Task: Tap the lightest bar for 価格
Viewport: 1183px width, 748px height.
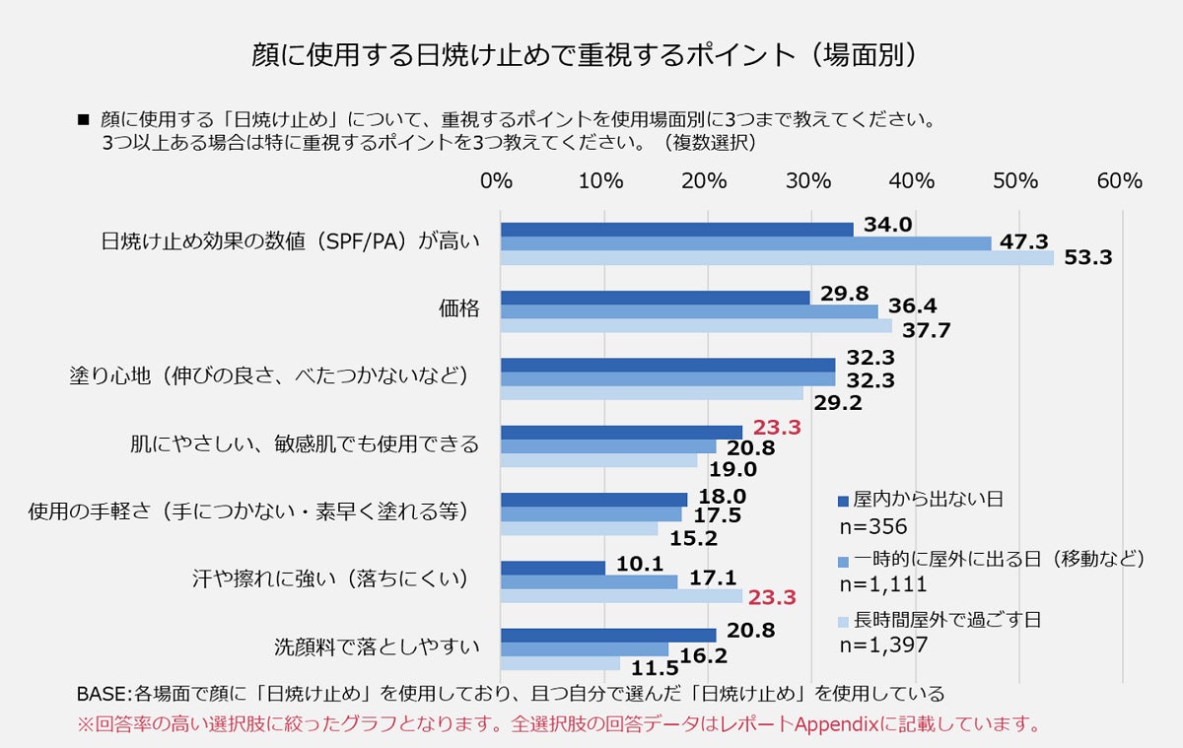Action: pyautogui.click(x=696, y=325)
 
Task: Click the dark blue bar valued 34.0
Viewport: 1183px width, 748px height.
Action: pyautogui.click(x=676, y=230)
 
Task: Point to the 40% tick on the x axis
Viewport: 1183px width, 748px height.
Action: pyautogui.click(x=912, y=181)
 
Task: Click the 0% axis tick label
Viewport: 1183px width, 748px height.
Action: pyautogui.click(x=497, y=181)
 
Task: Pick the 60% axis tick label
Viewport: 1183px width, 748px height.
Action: pyautogui.click(x=1119, y=181)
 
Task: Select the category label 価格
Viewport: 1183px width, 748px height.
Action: pyautogui.click(x=458, y=308)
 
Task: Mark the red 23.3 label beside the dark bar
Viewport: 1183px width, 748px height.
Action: pyautogui.click(x=777, y=428)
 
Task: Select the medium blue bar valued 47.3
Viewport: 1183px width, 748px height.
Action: pyautogui.click(x=745, y=243)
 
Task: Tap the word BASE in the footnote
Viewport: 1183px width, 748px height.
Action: pyautogui.click(x=104, y=693)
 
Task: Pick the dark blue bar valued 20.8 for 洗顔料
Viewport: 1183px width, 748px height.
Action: pyautogui.click(x=608, y=635)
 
